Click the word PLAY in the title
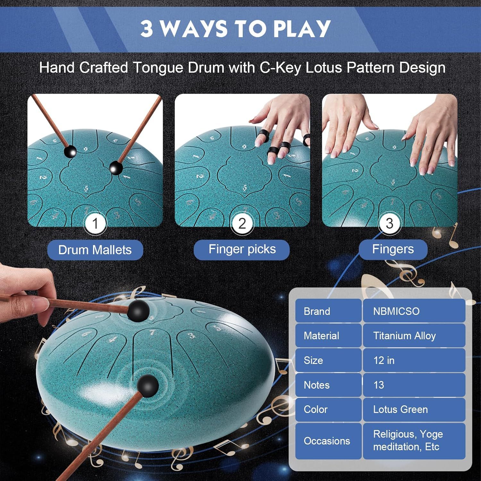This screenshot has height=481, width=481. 302,29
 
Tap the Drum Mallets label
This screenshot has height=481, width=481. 95,250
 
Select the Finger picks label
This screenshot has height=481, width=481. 242,249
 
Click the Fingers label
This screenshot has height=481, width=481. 393,249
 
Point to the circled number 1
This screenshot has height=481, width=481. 95,224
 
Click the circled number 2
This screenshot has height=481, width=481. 242,224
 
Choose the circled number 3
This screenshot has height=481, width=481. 389,224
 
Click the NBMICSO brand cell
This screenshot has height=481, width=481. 414,311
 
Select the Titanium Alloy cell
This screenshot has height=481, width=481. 414,335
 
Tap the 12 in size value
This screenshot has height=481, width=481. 414,360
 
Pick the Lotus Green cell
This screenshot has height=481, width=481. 414,409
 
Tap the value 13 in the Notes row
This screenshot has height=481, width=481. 414,385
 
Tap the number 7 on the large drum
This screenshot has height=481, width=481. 152,333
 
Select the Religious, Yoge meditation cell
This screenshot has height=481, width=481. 414,441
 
